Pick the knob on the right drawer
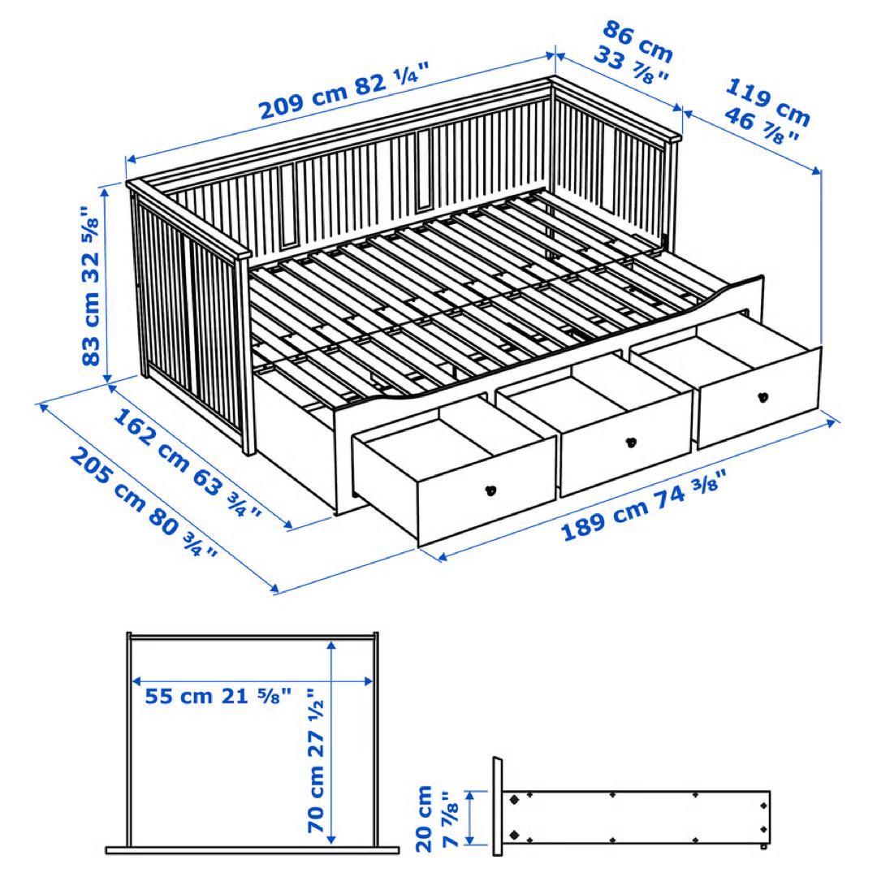coord(763,396)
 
